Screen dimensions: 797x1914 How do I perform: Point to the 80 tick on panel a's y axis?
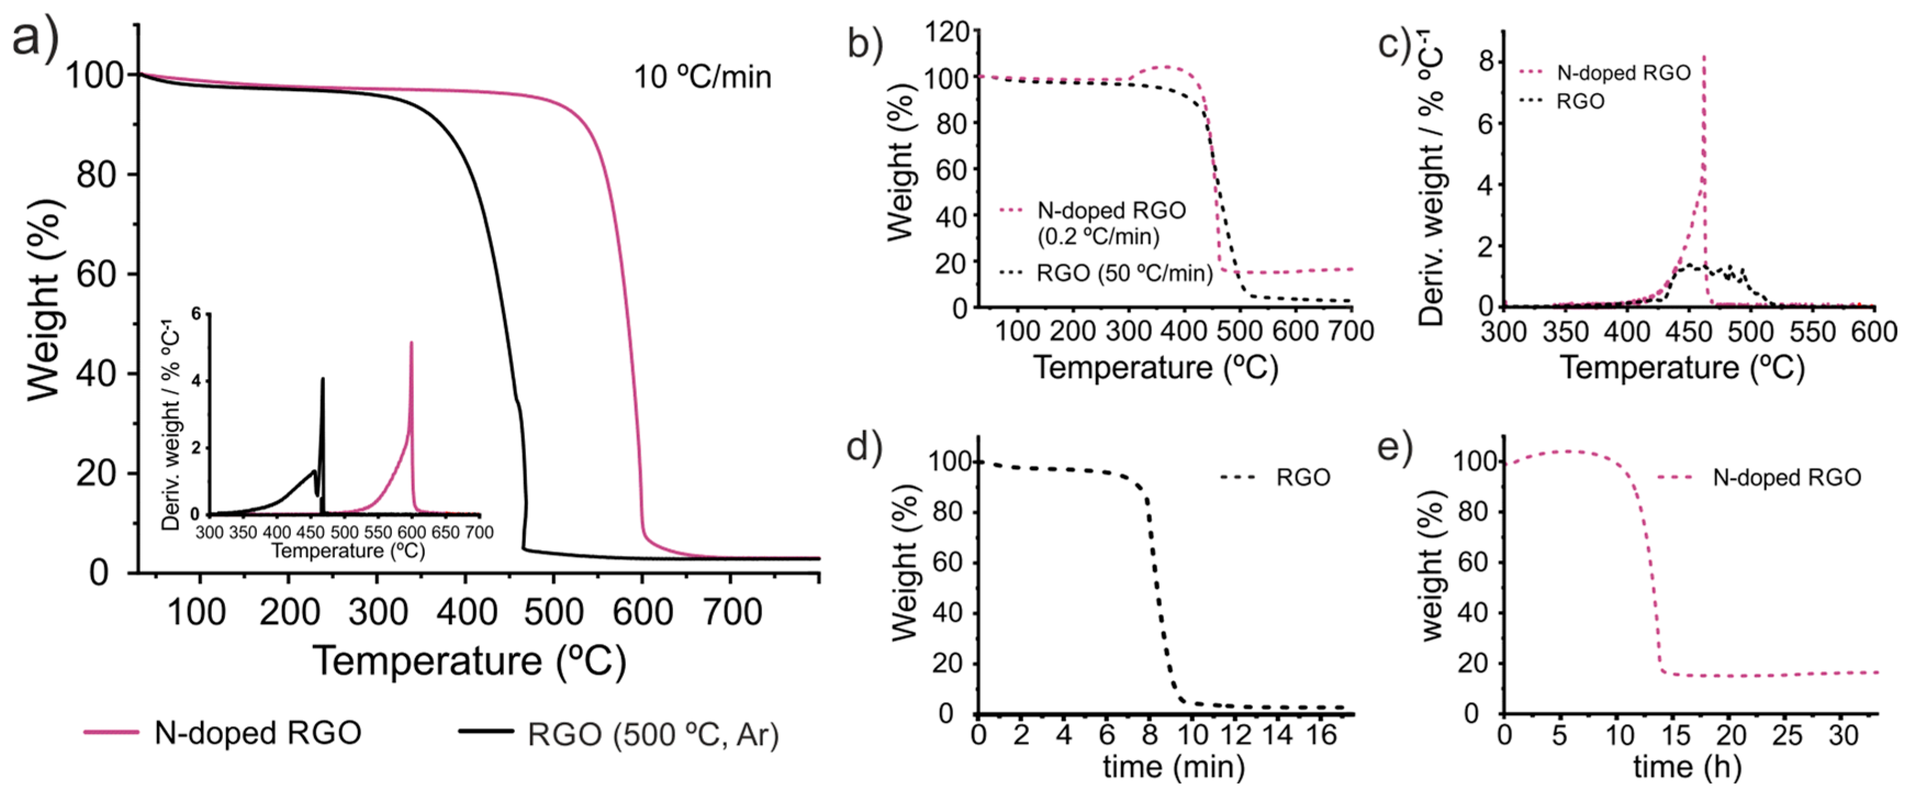(96, 176)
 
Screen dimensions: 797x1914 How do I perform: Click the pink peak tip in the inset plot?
(411, 343)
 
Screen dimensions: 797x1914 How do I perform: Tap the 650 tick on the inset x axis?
(445, 533)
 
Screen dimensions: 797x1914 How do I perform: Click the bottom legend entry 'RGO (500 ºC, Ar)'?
(653, 734)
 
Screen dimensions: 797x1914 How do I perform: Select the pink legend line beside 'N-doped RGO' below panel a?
(111, 732)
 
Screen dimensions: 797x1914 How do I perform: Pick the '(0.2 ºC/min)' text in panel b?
(1098, 237)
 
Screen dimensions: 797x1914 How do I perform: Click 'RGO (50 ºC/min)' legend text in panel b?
(1124, 273)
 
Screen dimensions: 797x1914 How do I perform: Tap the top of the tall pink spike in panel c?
(1703, 56)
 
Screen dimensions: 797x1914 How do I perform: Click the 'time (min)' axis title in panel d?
(1173, 766)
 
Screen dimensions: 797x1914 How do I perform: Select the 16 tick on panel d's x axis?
(1320, 736)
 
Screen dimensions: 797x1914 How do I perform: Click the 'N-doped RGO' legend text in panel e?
(1786, 478)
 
